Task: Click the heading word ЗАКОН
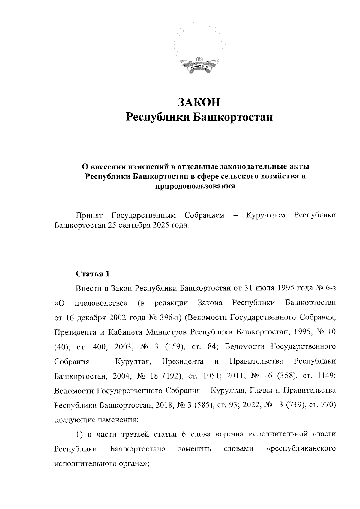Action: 199,102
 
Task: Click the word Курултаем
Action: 265,215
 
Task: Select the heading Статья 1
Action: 93,274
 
